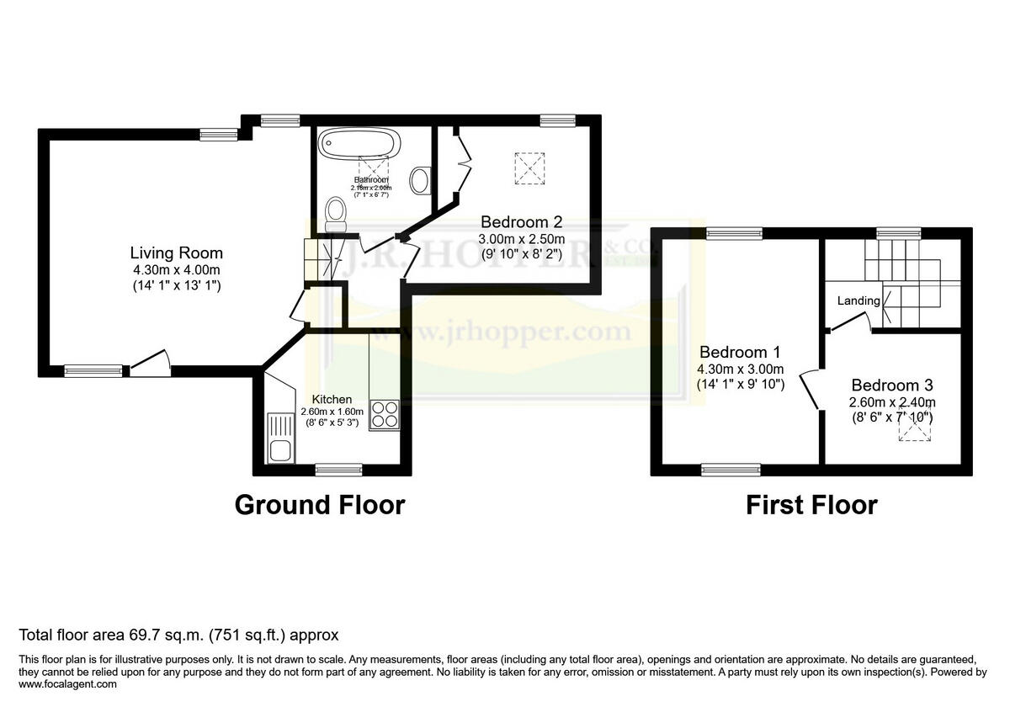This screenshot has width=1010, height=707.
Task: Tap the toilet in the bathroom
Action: (x=335, y=214)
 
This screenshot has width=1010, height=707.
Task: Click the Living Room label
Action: (x=176, y=252)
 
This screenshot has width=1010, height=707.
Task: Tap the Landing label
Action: (x=858, y=300)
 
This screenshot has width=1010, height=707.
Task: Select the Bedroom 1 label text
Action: (x=734, y=353)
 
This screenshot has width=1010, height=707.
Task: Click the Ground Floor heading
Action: (x=319, y=505)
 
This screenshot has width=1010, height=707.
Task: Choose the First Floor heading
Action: (x=811, y=505)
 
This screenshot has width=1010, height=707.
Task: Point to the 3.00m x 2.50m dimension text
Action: (x=522, y=239)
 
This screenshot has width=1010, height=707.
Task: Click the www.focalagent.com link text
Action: (x=67, y=684)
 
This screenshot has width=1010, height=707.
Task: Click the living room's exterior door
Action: (x=149, y=364)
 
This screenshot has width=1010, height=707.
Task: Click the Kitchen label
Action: (x=332, y=399)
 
